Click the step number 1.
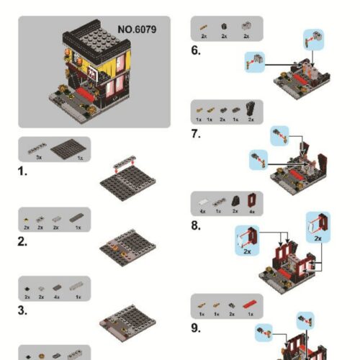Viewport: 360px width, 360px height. click(23, 171)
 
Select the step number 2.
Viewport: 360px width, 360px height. click(23, 242)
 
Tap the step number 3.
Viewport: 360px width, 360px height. click(23, 311)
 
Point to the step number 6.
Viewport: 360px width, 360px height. click(196, 50)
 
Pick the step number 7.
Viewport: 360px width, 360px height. click(196, 133)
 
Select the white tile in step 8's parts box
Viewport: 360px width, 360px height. click(204, 202)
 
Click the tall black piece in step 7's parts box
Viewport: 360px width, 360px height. click(251, 108)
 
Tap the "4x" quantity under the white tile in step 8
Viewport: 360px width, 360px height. click(204, 212)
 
